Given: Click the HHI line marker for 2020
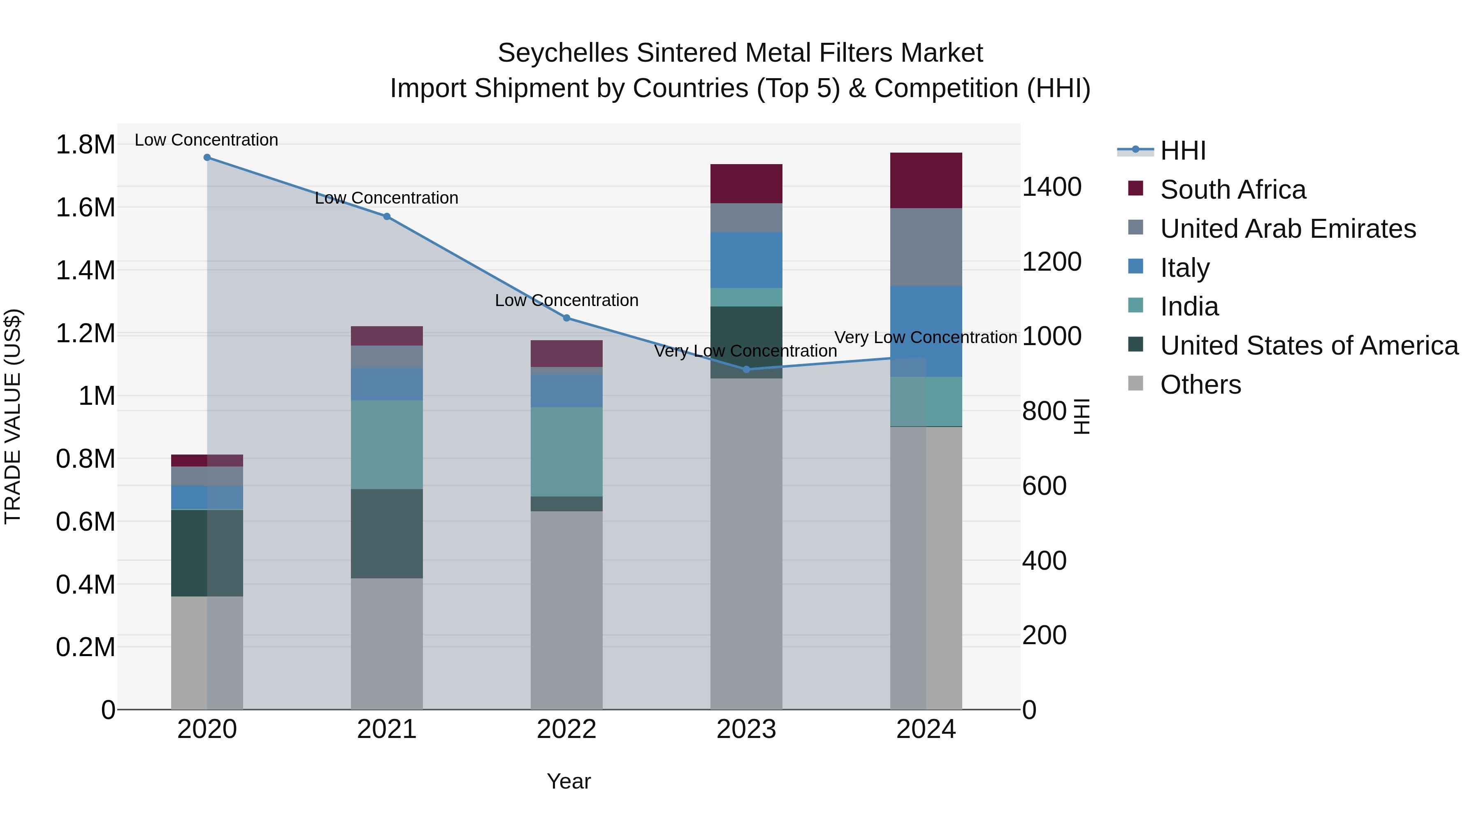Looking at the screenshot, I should pyautogui.click(x=207, y=158).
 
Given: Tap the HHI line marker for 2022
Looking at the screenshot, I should pyautogui.click(x=566, y=318).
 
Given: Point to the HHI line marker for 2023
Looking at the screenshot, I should pyautogui.click(x=746, y=370).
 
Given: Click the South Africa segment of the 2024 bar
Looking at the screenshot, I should pyautogui.click(x=926, y=181).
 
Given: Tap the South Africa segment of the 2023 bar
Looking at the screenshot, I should pyautogui.click(x=746, y=183).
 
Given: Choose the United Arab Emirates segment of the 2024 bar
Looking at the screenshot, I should pyautogui.click(x=926, y=247).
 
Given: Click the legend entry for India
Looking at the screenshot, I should pyautogui.click(x=1189, y=306).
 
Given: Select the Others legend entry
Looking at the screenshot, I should pyautogui.click(x=1200, y=385).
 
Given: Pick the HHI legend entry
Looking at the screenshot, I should pyautogui.click(x=1183, y=151).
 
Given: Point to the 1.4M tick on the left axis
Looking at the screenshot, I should pyautogui.click(x=85, y=270).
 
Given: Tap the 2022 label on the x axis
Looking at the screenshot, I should pyautogui.click(x=566, y=729).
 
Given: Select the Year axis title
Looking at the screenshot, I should pyautogui.click(x=569, y=781).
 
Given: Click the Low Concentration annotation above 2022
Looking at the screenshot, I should pyautogui.click(x=566, y=300).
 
